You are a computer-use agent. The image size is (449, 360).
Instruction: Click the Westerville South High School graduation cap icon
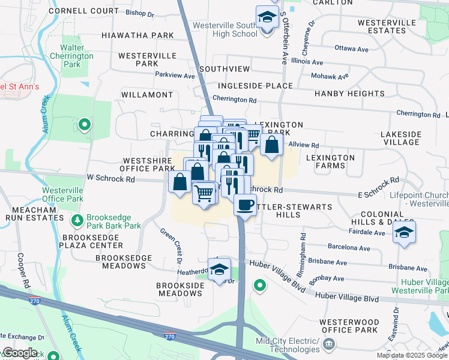click(x=267, y=18)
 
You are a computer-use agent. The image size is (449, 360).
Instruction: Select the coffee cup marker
click(x=244, y=205)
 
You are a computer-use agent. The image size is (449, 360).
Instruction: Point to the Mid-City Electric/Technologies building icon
click(x=329, y=344)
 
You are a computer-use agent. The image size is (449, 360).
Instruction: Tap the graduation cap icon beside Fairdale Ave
click(x=404, y=233)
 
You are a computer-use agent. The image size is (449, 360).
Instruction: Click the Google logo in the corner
click(x=19, y=353)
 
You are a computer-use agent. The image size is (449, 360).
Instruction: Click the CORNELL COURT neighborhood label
click(x=84, y=11)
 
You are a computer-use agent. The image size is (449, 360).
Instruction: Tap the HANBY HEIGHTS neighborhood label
click(x=349, y=94)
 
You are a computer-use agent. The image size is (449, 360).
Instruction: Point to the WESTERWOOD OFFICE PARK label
click(x=349, y=326)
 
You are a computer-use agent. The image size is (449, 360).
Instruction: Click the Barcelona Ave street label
click(x=349, y=247)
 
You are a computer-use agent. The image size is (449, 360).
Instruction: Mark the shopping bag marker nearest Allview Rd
click(x=271, y=145)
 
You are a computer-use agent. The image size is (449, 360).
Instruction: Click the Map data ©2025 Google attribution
click(x=412, y=355)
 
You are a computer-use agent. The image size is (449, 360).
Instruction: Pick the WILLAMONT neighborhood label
click(x=147, y=95)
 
